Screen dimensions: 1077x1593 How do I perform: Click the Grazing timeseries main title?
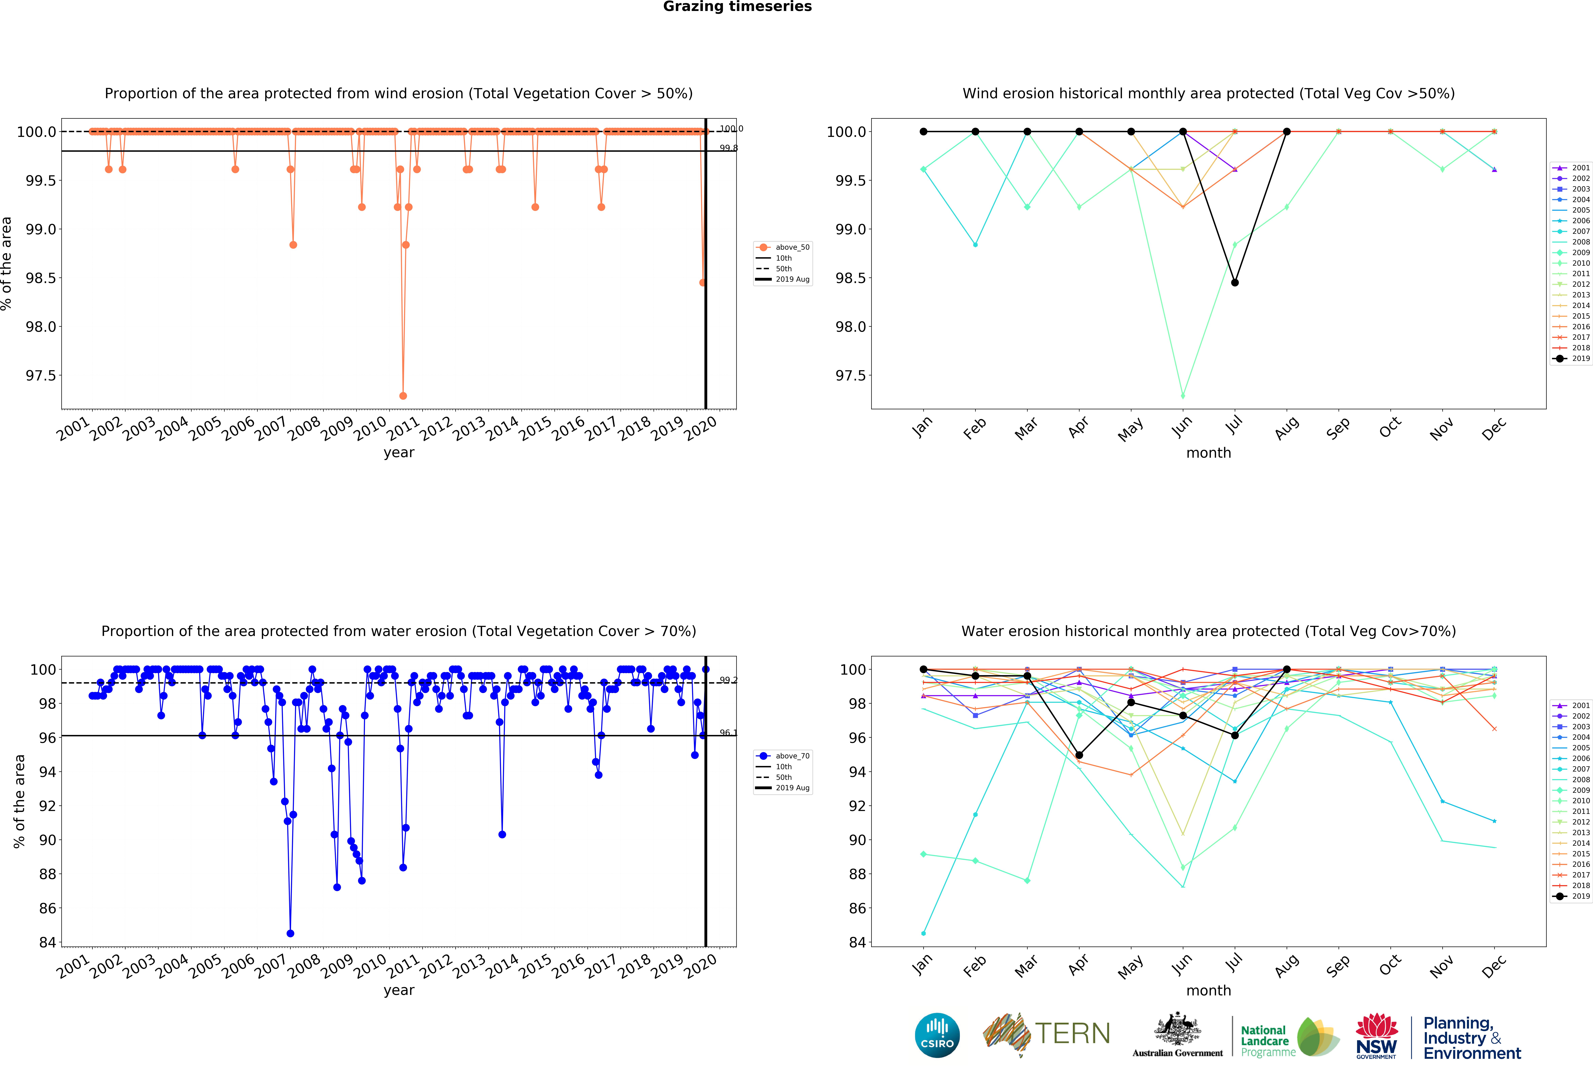pos(737,7)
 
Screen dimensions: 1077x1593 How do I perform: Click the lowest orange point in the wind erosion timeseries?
pos(403,396)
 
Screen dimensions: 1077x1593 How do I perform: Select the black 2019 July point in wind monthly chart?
pos(1235,283)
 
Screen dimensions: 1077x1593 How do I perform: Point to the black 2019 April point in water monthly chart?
pos(1079,755)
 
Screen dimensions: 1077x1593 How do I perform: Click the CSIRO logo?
pos(937,1035)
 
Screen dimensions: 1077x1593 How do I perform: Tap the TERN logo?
pos(1047,1034)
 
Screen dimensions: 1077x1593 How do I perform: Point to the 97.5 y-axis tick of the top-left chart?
pos(41,376)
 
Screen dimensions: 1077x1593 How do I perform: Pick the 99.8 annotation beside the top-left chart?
pos(728,148)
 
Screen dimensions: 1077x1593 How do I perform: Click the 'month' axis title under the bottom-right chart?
pos(1208,991)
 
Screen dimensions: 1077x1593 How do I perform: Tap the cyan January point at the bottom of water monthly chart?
pos(923,933)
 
